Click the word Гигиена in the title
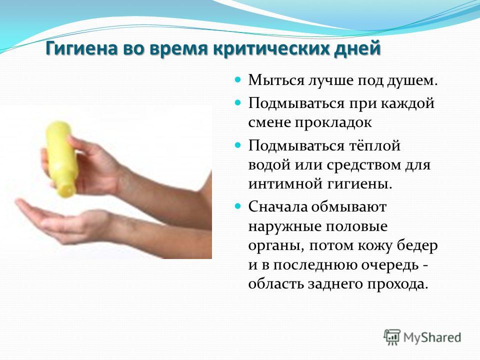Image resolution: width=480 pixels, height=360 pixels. (x=81, y=48)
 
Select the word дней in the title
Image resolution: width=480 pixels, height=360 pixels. (x=354, y=49)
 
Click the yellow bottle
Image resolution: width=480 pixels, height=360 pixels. (x=60, y=158)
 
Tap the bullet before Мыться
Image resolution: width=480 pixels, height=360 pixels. (x=238, y=79)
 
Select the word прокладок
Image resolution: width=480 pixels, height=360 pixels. (x=333, y=122)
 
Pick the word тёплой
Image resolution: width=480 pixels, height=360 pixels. (x=374, y=145)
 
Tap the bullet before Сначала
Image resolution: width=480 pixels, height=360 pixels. (x=238, y=206)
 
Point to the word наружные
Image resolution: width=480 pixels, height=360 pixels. (x=284, y=226)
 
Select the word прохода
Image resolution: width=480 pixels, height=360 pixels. (x=397, y=284)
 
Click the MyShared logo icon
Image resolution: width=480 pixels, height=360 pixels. (x=392, y=337)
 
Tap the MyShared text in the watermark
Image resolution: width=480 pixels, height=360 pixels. (x=432, y=337)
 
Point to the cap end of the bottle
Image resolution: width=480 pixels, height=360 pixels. (x=68, y=190)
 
